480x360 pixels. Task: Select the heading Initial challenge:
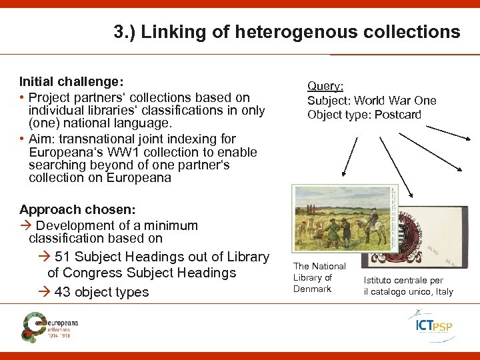pos(71,82)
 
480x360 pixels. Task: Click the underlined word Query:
pos(325,86)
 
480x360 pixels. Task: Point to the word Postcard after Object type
pos(398,115)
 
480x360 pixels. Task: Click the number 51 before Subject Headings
pos(63,257)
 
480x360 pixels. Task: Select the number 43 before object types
pos(63,292)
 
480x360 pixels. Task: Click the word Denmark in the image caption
pos(312,289)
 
